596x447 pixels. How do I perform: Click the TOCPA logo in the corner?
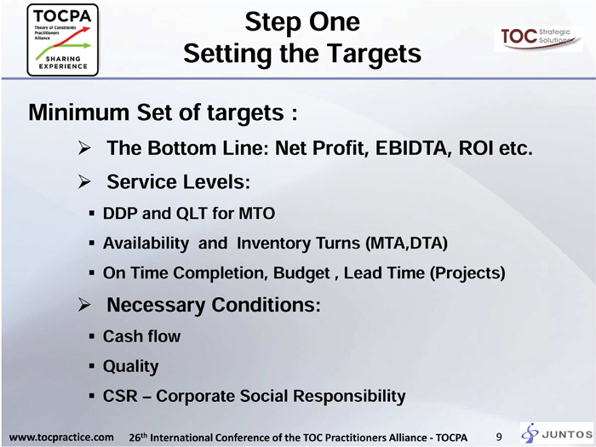click(x=63, y=40)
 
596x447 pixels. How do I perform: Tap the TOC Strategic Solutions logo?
click(x=538, y=38)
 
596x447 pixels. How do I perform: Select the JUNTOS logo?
click(x=557, y=433)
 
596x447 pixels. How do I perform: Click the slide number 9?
click(x=499, y=437)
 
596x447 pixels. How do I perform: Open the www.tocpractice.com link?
click(x=61, y=437)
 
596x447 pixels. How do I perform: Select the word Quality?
click(x=131, y=367)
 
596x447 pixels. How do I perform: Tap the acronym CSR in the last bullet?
click(x=120, y=396)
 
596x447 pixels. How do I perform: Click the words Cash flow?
click(x=142, y=336)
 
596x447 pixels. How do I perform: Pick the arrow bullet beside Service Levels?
click(x=84, y=181)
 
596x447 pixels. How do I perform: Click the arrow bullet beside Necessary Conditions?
click(x=84, y=305)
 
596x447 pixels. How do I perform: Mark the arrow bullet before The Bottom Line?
click(x=84, y=148)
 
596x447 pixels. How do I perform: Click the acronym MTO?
click(x=256, y=213)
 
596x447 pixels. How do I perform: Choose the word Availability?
click(x=146, y=244)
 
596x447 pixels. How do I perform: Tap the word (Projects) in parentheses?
click(x=467, y=273)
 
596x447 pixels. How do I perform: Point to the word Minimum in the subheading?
click(x=79, y=112)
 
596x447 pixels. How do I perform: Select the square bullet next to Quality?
click(x=92, y=366)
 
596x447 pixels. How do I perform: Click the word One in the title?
click(x=335, y=21)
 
